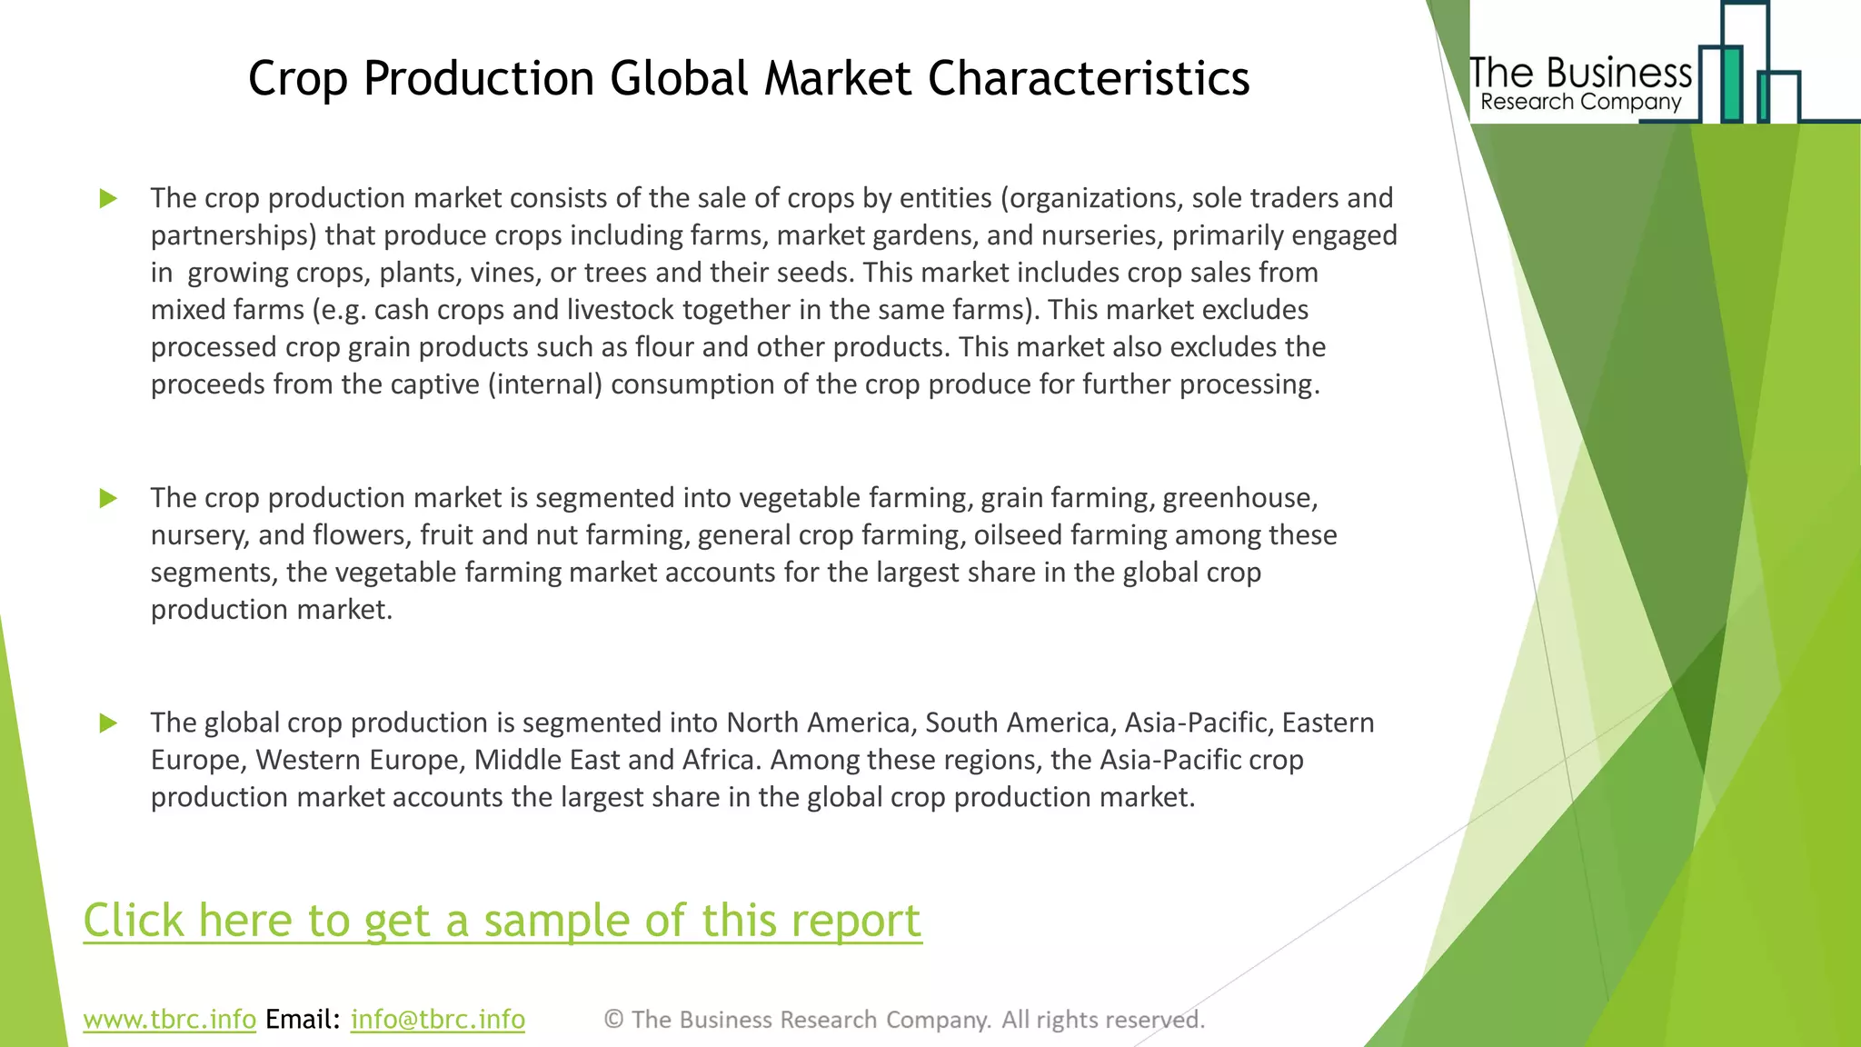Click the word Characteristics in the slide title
pyautogui.click(x=1088, y=78)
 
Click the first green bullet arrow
pyautogui.click(x=108, y=198)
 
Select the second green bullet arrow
pyautogui.click(x=108, y=498)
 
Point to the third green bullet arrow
pyautogui.click(x=108, y=723)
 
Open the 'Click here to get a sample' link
pyautogui.click(x=503, y=920)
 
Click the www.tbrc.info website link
pyautogui.click(x=169, y=1019)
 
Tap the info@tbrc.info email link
pyautogui.click(x=437, y=1019)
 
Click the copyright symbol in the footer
pyautogui.click(x=613, y=1020)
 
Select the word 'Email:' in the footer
pyautogui.click(x=303, y=1019)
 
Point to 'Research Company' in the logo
pyautogui.click(x=1580, y=102)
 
